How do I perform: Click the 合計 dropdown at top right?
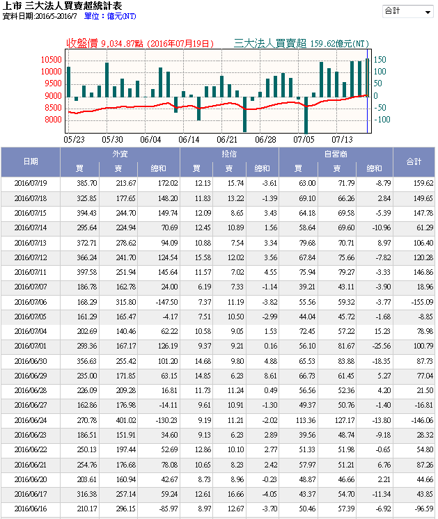tap(407, 12)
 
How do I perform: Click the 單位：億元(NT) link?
tap(110, 15)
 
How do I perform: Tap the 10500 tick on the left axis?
tap(52, 61)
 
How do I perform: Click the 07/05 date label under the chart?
tap(304, 139)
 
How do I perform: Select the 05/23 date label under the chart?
tap(73, 139)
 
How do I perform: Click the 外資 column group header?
tap(120, 154)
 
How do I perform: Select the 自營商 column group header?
tap(336, 154)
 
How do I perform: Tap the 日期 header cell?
tap(31, 161)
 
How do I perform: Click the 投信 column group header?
tap(230, 154)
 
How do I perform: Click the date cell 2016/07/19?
tap(31, 184)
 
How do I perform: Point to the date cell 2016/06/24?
tap(31, 420)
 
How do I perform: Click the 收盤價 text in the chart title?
tap(83, 43)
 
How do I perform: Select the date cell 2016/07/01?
tap(31, 345)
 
